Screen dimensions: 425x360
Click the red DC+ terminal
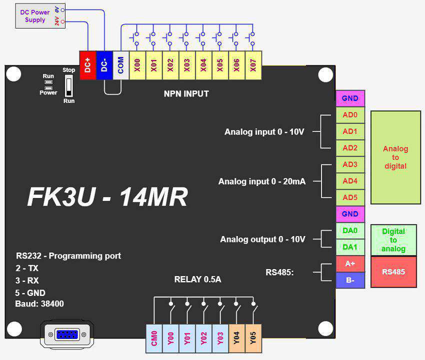coord(88,65)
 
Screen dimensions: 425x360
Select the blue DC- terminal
coord(104,65)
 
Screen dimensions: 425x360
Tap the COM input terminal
coord(121,65)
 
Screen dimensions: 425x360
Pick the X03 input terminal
coord(187,65)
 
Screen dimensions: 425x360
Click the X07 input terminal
coord(253,65)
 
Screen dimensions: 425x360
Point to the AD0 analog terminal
coord(350,115)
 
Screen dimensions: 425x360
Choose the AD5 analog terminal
coord(350,197)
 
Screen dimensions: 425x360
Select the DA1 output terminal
coord(350,247)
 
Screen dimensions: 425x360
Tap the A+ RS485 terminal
coord(350,264)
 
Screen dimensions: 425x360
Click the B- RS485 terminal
coord(350,280)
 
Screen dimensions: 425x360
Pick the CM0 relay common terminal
coord(154,338)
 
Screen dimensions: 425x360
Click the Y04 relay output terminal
coord(236,338)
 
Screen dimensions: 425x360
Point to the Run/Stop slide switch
coord(69,85)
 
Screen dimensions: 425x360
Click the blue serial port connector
coord(67,334)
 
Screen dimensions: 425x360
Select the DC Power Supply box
coord(40,15)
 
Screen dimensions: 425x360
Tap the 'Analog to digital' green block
coord(395,157)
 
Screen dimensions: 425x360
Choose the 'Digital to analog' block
coord(393,240)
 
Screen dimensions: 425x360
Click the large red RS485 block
coord(393,272)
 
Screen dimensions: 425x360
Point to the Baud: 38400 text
coord(39,303)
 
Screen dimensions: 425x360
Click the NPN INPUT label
coord(186,94)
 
